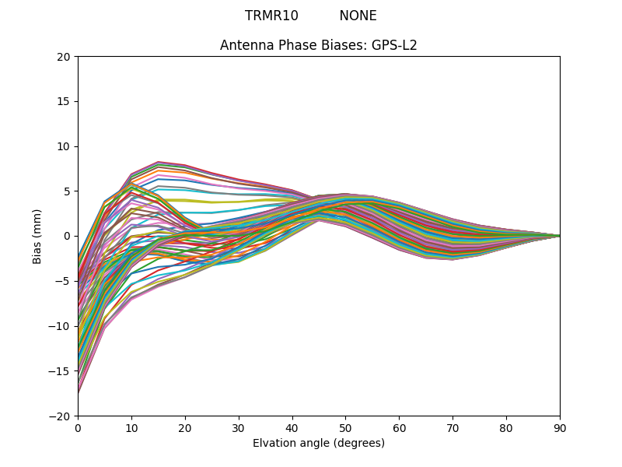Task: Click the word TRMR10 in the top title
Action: click(x=271, y=16)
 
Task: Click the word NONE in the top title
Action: click(x=358, y=16)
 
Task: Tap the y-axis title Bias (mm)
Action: click(x=37, y=236)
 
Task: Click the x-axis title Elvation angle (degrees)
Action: click(x=319, y=444)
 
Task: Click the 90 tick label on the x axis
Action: click(x=560, y=427)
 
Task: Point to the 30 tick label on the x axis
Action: click(x=239, y=427)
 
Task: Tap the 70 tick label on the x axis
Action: click(x=453, y=427)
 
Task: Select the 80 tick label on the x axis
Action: click(x=506, y=427)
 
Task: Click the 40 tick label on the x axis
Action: click(x=292, y=427)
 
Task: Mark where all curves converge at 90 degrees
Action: click(x=559, y=236)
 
